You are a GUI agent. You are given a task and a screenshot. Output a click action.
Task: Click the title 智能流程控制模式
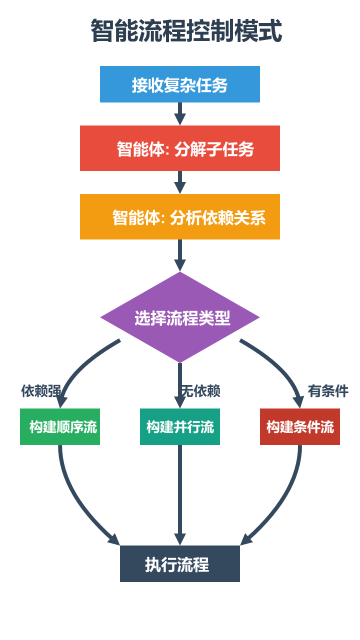186,31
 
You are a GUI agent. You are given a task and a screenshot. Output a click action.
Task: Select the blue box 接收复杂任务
180,84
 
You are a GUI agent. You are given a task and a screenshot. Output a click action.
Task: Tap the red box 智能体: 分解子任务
180,148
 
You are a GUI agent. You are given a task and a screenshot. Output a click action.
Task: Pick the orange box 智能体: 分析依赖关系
180,217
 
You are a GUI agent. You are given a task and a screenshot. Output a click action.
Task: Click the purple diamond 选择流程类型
180,317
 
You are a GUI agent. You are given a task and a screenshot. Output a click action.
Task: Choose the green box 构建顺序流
60,427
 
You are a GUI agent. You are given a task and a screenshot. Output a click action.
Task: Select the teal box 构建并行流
180,427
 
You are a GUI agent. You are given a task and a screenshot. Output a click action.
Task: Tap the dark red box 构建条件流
300,427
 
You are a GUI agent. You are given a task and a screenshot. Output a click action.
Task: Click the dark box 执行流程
180,564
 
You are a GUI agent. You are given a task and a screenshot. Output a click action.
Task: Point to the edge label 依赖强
41,391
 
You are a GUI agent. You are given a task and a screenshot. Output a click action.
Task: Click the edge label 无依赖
200,391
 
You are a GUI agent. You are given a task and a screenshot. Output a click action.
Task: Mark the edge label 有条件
328,391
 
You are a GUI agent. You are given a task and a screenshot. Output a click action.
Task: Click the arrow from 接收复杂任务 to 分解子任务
180,113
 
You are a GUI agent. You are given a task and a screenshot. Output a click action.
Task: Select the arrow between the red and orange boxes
180,181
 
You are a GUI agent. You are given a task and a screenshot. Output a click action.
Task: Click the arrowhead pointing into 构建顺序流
61,402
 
